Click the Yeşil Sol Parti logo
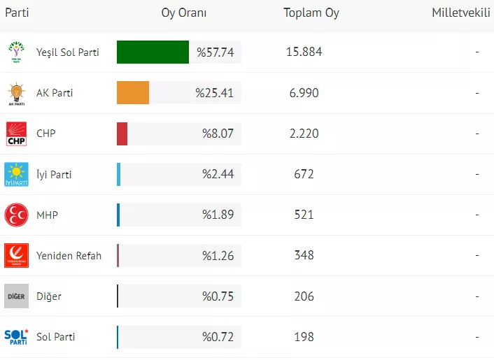[16, 52]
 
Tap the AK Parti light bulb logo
[16, 93]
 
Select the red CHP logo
[16, 134]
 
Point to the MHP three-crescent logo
[16, 215]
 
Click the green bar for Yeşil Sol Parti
[153, 52]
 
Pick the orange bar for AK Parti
[133, 93]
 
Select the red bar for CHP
[122, 134]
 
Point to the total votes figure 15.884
[304, 52]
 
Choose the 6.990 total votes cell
[304, 93]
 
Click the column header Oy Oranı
[184, 13]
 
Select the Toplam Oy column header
[311, 13]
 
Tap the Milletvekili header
[460, 13]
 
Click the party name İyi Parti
[54, 174]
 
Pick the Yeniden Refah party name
[69, 255]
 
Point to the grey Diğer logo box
[16, 296]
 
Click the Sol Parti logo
[16, 336]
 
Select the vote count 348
[304, 255]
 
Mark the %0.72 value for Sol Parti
[218, 336]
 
